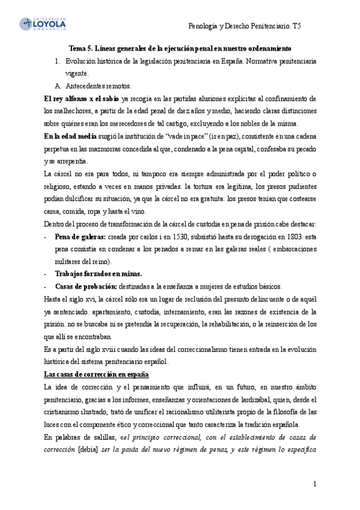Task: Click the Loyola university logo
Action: pyautogui.click(x=43, y=23)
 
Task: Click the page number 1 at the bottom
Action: pyautogui.click(x=314, y=484)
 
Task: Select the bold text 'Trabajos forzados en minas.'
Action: pyautogui.click(x=98, y=274)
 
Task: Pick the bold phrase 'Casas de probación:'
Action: pyautogui.click(x=87, y=286)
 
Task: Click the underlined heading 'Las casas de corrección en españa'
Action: pyautogui.click(x=89, y=374)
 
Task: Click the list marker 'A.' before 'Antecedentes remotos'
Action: pyautogui.click(x=58, y=86)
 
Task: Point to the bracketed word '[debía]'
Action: pyautogui.click(x=90, y=449)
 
